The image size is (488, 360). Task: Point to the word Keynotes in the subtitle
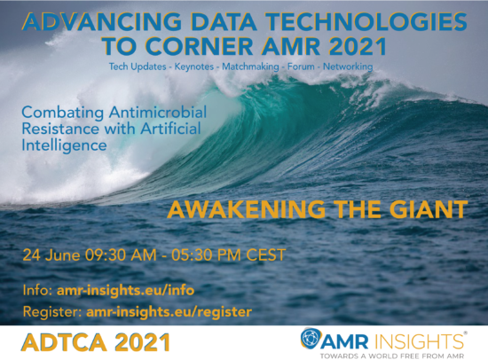click(194, 67)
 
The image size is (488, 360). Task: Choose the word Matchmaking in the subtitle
click(250, 67)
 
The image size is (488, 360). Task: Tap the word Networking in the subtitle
click(348, 67)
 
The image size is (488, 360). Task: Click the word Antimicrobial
click(157, 113)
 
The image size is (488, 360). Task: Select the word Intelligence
click(64, 145)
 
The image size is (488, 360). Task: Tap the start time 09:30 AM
click(121, 255)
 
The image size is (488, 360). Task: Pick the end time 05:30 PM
click(206, 255)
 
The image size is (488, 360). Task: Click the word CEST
click(266, 255)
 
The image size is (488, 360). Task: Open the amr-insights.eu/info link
click(125, 290)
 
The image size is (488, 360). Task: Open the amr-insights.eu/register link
click(169, 311)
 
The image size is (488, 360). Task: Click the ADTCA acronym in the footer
click(64, 342)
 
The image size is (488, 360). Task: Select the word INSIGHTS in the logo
click(418, 341)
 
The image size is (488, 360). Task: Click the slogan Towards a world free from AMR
click(392, 356)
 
